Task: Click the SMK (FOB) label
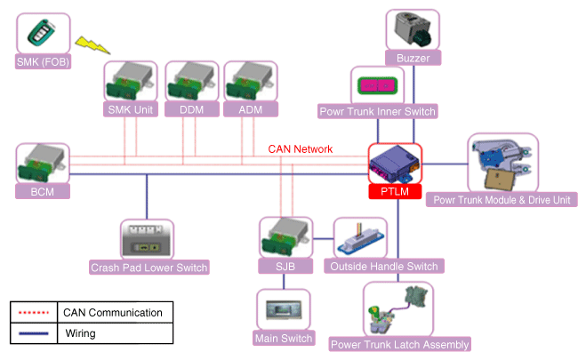(x=43, y=62)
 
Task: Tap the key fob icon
(x=43, y=35)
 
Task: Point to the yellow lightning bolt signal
(x=90, y=44)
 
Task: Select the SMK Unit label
(x=131, y=109)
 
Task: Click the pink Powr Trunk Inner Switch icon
(x=378, y=85)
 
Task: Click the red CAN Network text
(x=301, y=149)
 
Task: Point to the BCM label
(x=43, y=191)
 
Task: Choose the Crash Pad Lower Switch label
(x=149, y=267)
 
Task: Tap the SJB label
(x=285, y=267)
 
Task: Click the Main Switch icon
(x=284, y=310)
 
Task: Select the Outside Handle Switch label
(x=383, y=267)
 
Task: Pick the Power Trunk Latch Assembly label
(x=399, y=344)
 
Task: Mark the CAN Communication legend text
(x=112, y=313)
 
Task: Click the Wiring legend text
(x=81, y=334)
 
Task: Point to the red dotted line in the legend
(x=32, y=313)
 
